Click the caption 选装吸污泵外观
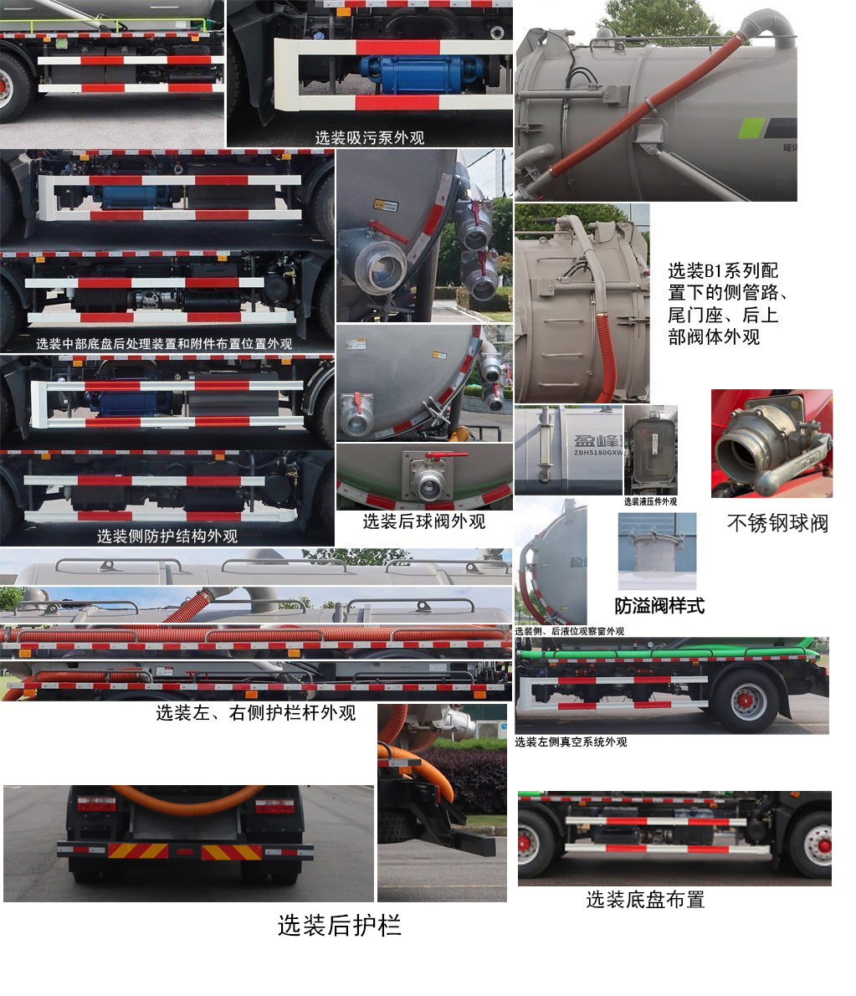(369, 137)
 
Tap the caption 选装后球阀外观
(423, 521)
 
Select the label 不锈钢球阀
(777, 524)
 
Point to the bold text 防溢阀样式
(659, 606)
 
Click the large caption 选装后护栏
(339, 925)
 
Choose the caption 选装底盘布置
(644, 900)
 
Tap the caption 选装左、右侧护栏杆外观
(255, 712)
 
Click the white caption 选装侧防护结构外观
(167, 536)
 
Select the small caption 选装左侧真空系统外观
(570, 742)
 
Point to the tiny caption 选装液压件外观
(650, 501)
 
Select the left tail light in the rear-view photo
(96, 806)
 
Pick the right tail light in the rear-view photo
(274, 806)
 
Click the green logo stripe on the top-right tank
(751, 129)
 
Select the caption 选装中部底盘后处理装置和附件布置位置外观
(164, 343)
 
